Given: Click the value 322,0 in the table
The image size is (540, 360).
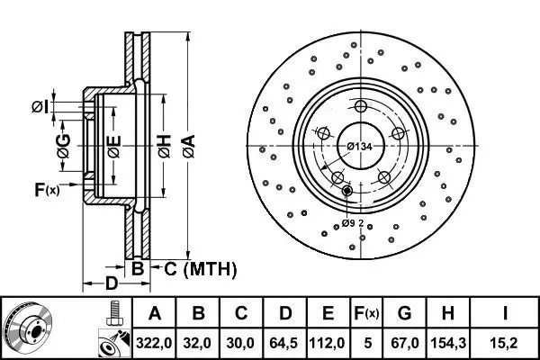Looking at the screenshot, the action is click(x=154, y=343).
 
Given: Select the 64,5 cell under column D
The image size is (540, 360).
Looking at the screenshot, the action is click(x=284, y=343).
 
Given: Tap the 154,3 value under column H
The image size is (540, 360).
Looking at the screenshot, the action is click(x=448, y=343).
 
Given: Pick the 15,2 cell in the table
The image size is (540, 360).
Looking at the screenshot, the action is click(x=504, y=343).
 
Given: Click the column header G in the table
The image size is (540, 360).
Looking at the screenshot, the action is click(x=404, y=313).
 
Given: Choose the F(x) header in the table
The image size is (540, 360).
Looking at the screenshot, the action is click(x=366, y=313).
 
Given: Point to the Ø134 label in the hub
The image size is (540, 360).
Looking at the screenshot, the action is click(x=359, y=147).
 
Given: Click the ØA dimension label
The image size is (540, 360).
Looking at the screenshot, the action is click(x=189, y=147).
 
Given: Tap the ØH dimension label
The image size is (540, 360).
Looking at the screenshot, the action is click(x=165, y=147).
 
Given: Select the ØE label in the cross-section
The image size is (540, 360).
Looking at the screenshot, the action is click(x=114, y=147).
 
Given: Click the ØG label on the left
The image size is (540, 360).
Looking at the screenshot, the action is click(x=64, y=146).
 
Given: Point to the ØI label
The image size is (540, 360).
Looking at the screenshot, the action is click(x=40, y=107).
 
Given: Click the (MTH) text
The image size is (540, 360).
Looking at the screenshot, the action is click(x=210, y=269).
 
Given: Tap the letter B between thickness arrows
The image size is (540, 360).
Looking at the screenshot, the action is click(x=138, y=268).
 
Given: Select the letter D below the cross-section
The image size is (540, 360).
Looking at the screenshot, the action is click(x=111, y=283).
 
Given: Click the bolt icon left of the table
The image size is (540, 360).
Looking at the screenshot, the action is click(x=113, y=313).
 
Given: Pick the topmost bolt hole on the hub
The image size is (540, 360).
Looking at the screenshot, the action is click(x=361, y=106).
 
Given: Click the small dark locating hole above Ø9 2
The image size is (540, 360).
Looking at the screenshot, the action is click(x=347, y=190).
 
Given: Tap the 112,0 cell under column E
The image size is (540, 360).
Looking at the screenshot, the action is click(x=328, y=343).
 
